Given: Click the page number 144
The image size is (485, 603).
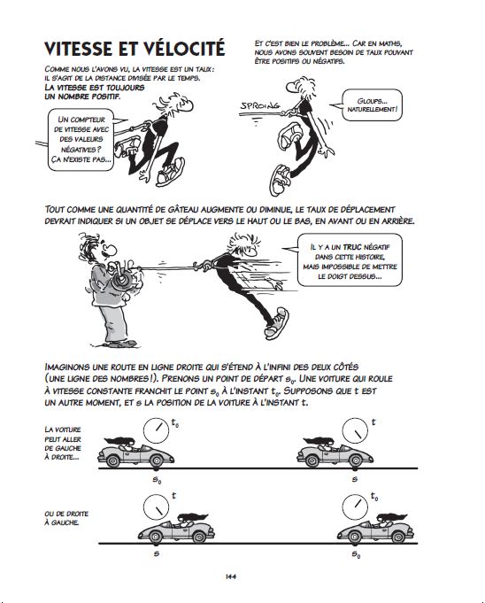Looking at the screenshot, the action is point(231,576).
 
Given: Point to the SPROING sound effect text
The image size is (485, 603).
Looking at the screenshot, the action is point(260,105).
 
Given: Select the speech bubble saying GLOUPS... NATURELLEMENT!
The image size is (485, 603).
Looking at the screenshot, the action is point(372,105).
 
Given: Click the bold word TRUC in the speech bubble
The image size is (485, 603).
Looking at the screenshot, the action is point(352,247).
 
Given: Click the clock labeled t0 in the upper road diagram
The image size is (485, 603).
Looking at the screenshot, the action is point(156,430).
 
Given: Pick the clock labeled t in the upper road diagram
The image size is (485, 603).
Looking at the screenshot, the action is point(355,430).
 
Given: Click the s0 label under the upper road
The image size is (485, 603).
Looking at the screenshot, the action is point(157,480).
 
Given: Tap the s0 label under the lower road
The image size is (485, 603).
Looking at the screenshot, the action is point(356,555).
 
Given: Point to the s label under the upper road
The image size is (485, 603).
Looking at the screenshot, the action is point(355,479).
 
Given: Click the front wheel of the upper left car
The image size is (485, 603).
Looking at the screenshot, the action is point(156,460).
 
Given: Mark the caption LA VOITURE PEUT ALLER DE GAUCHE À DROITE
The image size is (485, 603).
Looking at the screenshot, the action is point(63,444).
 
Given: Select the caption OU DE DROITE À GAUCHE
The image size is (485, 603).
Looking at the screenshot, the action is point(66,518).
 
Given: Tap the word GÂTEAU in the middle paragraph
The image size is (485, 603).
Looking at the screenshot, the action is point(181,210).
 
